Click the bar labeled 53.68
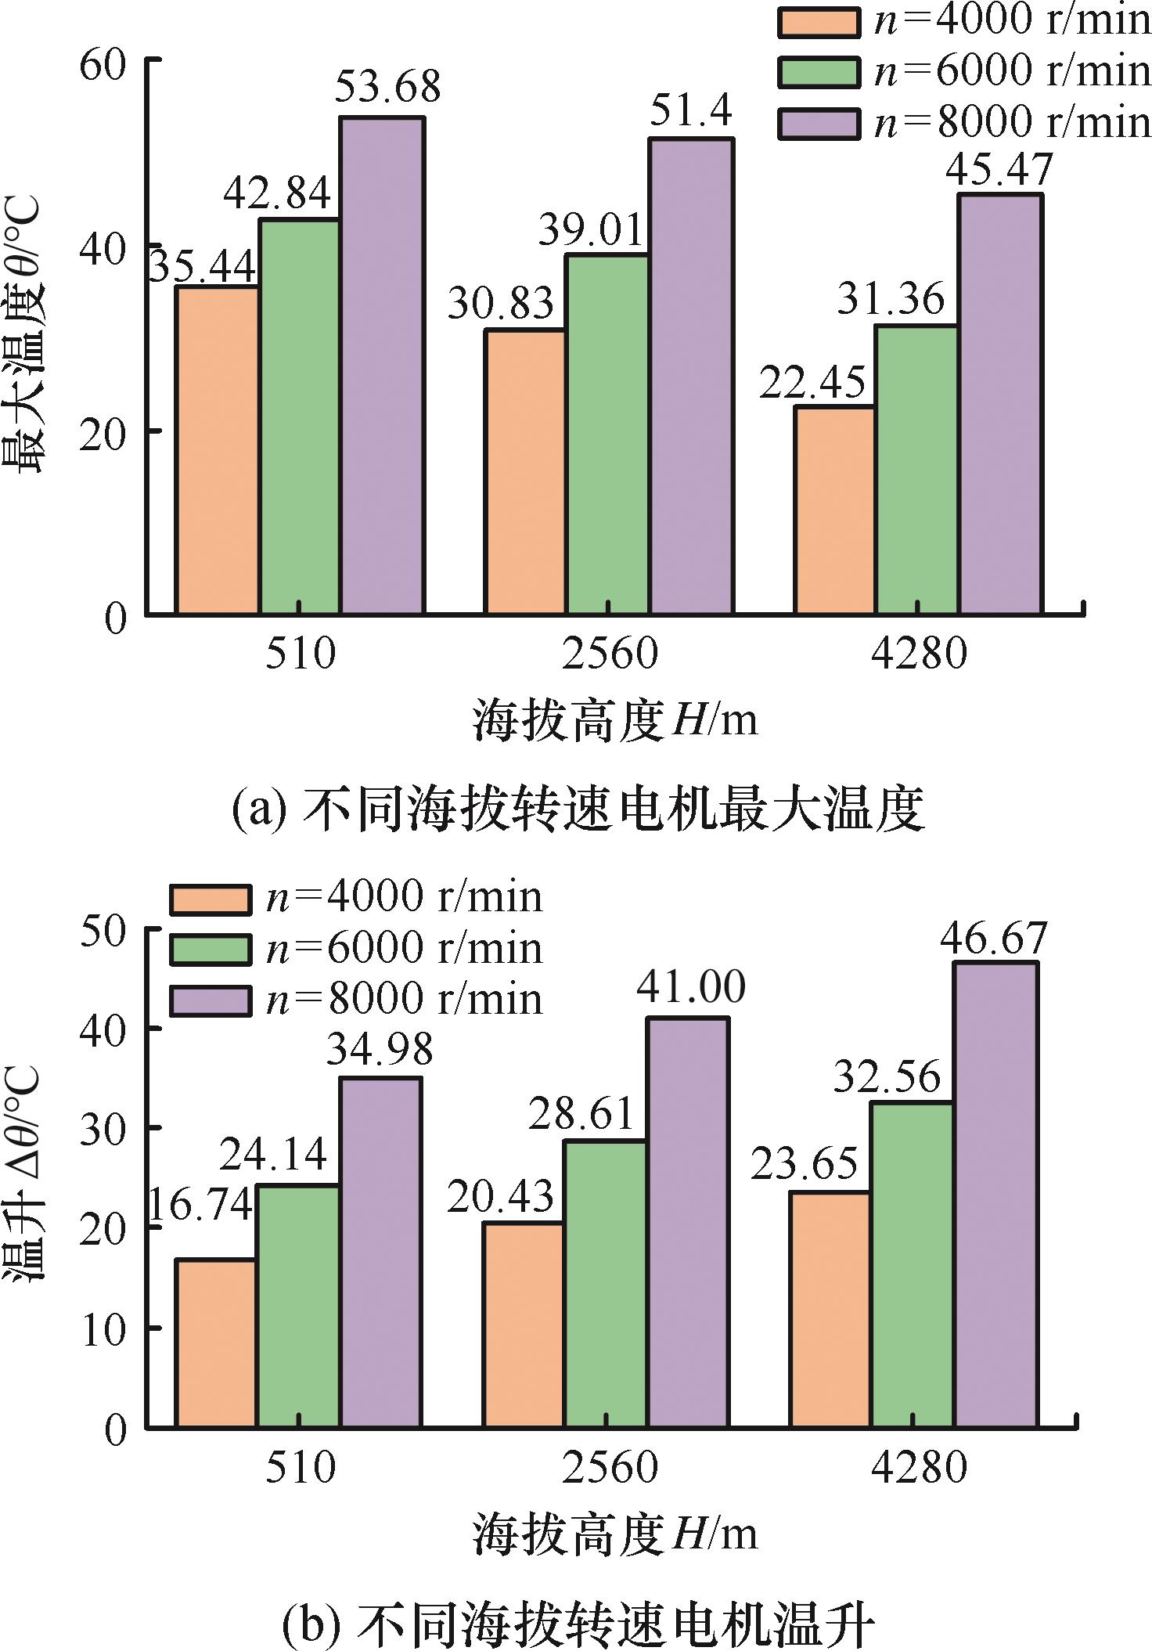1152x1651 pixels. [382, 365]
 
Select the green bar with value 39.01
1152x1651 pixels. [607, 434]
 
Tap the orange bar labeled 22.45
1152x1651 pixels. [834, 510]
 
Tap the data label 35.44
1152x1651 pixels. [202, 268]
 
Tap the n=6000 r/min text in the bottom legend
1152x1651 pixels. [404, 949]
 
